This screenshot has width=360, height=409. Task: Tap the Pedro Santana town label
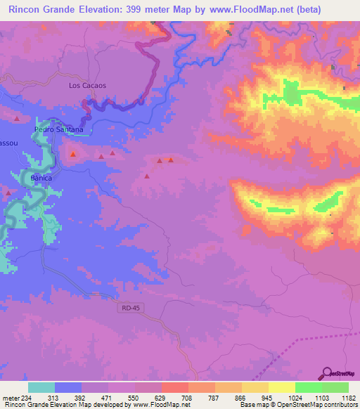pyautogui.click(x=59, y=130)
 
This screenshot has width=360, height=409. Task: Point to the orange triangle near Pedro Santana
pyautogui.click(x=72, y=153)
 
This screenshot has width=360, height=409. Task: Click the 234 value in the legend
pyautogui.click(x=28, y=397)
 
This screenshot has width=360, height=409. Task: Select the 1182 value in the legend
pyautogui.click(x=349, y=397)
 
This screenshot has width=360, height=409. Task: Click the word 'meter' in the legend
pyautogui.click(x=10, y=397)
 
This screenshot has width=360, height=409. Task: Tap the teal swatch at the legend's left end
pyautogui.click(x=41, y=387)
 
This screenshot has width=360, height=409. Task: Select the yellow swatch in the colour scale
pyautogui.click(x=281, y=387)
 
